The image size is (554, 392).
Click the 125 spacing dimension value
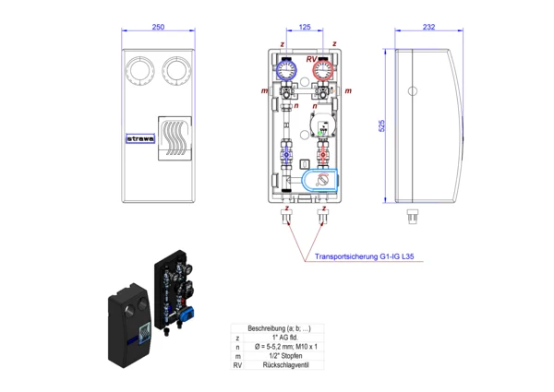point(306,28)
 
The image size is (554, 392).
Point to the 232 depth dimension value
point(428,28)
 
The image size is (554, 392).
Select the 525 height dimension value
point(381,125)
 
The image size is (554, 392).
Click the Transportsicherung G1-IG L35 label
point(358,258)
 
